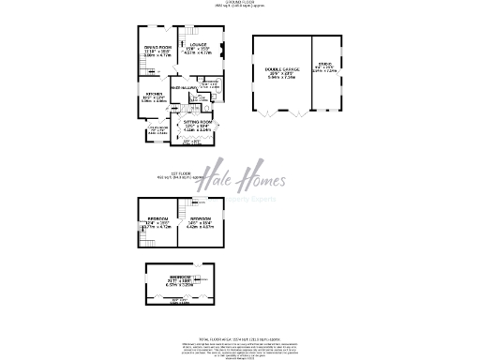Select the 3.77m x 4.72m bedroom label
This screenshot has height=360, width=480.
point(157,224)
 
